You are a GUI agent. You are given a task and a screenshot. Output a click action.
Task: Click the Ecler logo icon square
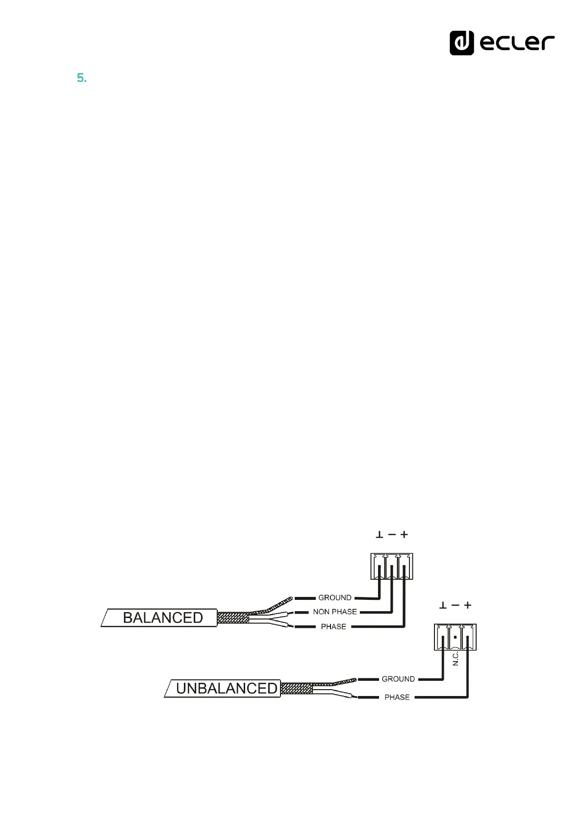461,43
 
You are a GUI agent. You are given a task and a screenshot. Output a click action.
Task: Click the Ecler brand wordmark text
517,43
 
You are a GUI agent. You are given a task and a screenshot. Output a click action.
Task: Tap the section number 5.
81,78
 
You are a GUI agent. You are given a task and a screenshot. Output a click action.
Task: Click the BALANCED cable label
162,618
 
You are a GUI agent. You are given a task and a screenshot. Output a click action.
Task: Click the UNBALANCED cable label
226,688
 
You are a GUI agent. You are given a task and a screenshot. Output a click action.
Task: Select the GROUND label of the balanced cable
335,597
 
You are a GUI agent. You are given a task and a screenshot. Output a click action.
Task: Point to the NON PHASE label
335,612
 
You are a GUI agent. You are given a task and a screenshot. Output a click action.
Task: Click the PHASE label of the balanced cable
333,626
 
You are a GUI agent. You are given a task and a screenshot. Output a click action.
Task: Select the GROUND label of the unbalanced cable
398,679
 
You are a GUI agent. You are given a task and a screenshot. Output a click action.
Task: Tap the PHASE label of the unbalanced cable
397,697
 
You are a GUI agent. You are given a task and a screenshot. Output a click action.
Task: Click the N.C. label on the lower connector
456,658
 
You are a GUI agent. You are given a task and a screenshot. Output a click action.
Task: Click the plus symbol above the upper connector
404,535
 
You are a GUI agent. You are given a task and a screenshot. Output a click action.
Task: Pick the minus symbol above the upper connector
392,535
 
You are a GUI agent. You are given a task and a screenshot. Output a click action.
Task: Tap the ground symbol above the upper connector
379,535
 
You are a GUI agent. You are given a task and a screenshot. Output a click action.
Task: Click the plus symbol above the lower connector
468,605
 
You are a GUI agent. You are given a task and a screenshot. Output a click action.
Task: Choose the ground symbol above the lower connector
443,605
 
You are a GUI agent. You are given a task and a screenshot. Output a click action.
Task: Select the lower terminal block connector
455,637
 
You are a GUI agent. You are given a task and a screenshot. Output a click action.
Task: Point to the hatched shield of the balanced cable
233,618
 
